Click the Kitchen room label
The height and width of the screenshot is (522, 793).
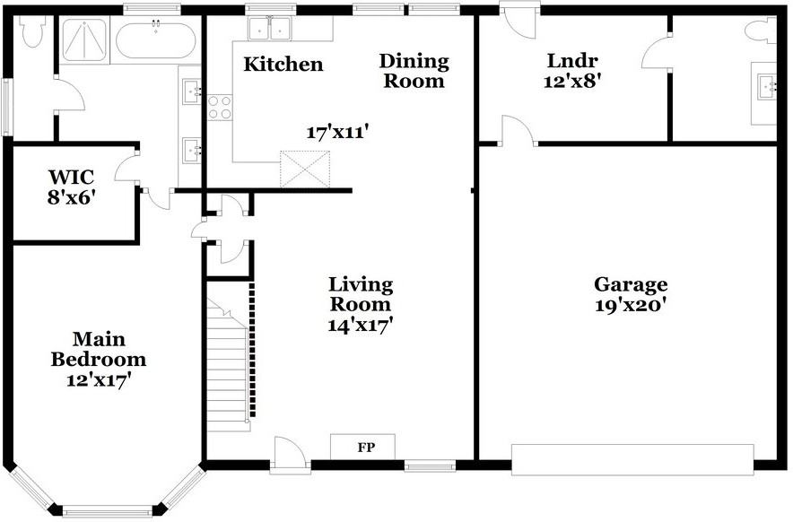coord(283,65)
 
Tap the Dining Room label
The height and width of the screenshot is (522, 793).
coord(414,71)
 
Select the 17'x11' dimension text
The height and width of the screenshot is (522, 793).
coord(336,133)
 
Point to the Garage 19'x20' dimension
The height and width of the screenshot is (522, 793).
coord(630,306)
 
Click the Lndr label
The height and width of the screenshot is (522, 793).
coord(572,61)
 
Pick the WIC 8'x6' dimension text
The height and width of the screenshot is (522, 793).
coord(71,197)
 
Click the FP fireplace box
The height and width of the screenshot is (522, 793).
coord(362,447)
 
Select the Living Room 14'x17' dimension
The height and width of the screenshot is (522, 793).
coord(361,325)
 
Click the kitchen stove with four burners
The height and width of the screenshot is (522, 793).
coord(220,108)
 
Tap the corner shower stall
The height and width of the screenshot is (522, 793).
coord(84,40)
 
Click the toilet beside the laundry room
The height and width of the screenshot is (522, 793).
coord(760,30)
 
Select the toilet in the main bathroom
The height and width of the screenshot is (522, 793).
coord(32,31)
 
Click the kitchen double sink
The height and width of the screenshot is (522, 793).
coord(269,29)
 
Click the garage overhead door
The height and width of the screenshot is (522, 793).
coord(632,460)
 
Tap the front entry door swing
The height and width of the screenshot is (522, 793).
coord(289,455)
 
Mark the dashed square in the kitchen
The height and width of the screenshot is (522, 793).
coord(305,169)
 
